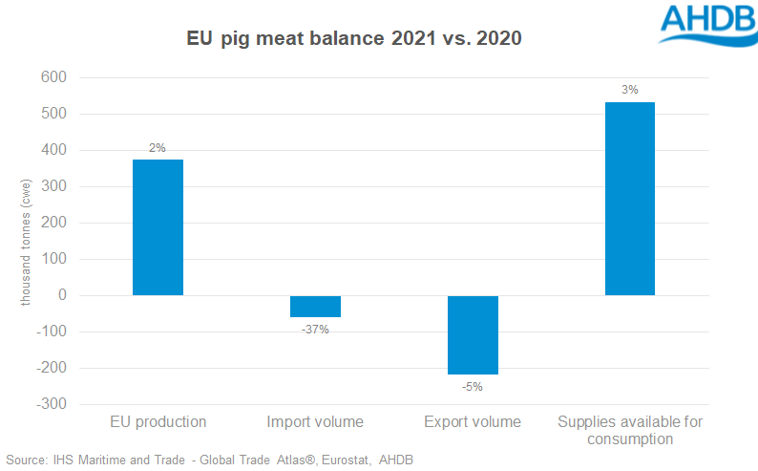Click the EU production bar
click(x=158, y=227)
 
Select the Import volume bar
click(x=315, y=306)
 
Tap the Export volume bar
click(x=473, y=334)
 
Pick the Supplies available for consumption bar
click(x=630, y=199)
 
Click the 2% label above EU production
click(x=158, y=148)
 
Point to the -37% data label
click(x=315, y=330)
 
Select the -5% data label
click(x=473, y=387)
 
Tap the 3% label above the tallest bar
click(x=630, y=91)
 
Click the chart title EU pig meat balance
click(x=352, y=40)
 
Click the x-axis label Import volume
click(x=315, y=421)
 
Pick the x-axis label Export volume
click(x=473, y=421)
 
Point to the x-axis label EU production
click(x=158, y=421)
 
